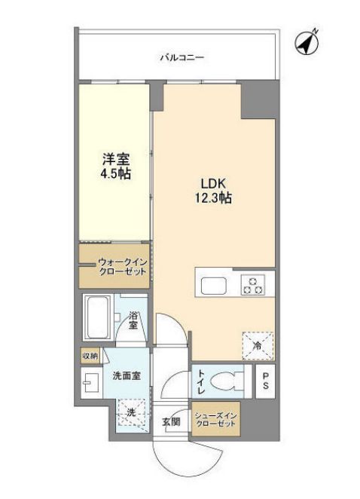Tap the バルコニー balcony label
[182, 57]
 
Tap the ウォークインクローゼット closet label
[118, 268]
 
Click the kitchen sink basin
[212, 286]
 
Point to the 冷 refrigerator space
[258, 345]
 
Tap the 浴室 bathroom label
[133, 321]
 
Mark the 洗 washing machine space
[130, 413]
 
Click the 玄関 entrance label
[170, 422]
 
